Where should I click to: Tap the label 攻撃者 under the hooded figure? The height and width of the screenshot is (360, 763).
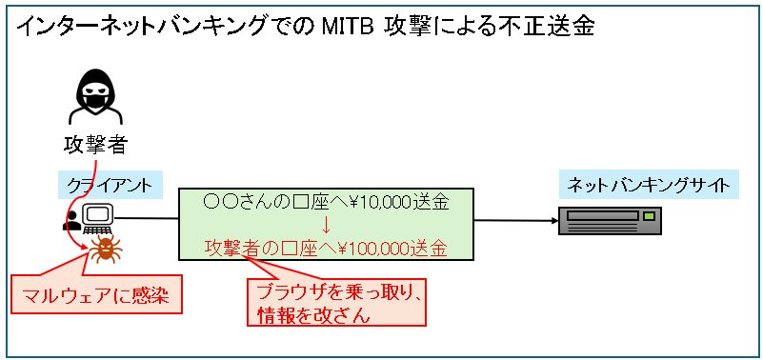click(x=96, y=145)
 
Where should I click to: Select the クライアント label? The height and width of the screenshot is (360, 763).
click(x=110, y=185)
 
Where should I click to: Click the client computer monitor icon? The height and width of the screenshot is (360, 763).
click(x=98, y=217)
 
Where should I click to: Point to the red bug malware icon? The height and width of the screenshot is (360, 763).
click(x=105, y=250)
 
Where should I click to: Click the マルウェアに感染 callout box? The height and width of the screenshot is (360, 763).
click(x=96, y=294)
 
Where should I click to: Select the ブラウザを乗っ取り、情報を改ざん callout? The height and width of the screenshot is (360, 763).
click(x=336, y=302)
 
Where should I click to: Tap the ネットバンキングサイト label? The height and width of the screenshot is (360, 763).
click(x=649, y=185)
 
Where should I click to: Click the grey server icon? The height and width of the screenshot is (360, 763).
click(x=610, y=221)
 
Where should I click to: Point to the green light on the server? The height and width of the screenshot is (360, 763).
click(x=649, y=215)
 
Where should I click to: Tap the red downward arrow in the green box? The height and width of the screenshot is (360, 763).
click(x=326, y=227)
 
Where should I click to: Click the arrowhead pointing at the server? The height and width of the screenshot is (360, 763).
click(x=555, y=221)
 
